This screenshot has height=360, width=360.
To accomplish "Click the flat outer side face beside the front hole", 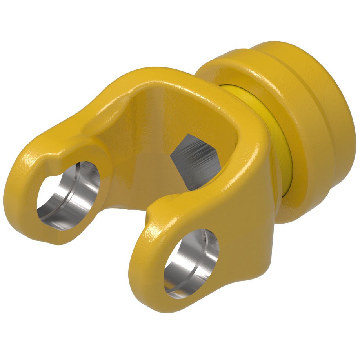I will point(243,235).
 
